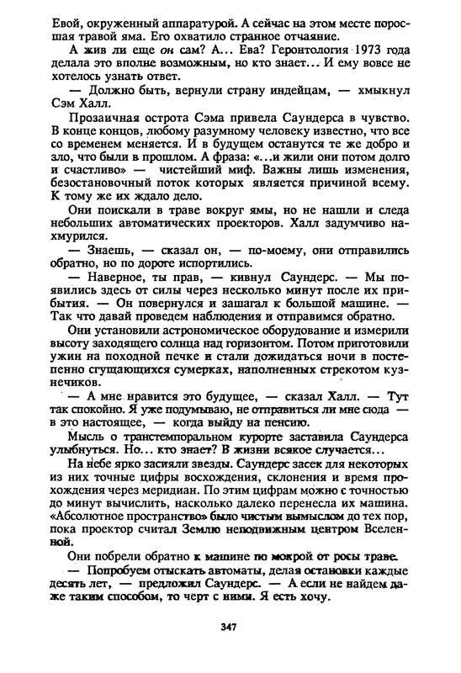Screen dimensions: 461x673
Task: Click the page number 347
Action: click(x=230, y=626)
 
